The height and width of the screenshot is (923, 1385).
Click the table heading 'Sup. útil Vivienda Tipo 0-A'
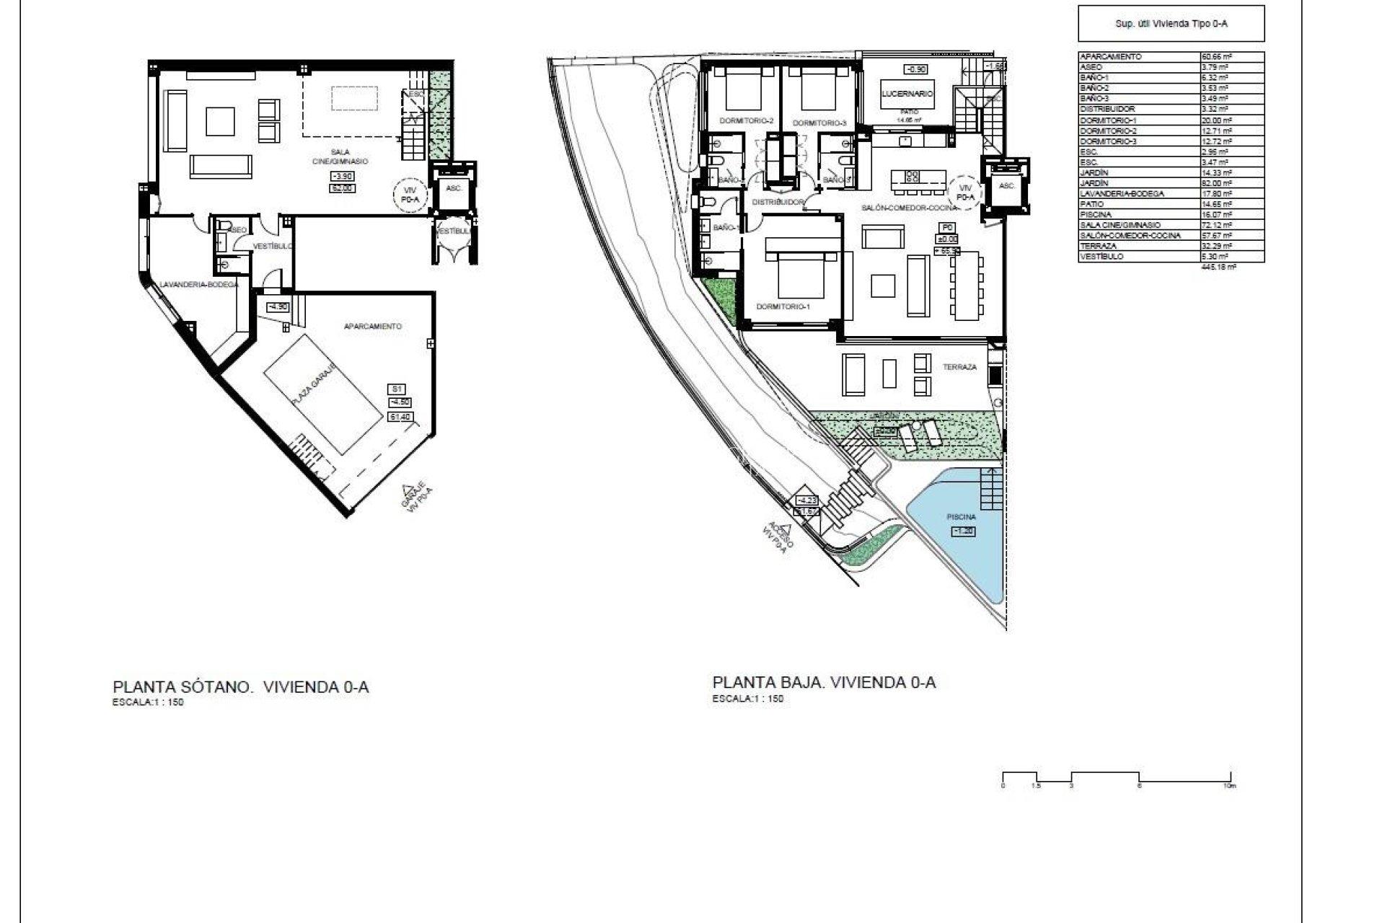point(1171,24)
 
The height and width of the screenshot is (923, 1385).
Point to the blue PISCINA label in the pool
point(962,517)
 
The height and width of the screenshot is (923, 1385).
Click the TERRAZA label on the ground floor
point(959,367)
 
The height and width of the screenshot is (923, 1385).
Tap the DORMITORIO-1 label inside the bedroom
point(783,306)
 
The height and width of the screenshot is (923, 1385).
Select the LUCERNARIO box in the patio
point(907,94)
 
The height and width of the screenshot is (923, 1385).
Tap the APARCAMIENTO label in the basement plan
point(372,327)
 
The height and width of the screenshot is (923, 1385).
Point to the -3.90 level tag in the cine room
point(342,177)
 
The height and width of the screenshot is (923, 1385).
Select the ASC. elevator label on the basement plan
point(454,187)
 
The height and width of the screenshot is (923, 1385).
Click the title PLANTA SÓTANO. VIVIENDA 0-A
point(240,686)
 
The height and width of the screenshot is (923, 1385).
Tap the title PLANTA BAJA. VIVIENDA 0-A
point(824,682)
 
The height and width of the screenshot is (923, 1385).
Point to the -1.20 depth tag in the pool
point(964,531)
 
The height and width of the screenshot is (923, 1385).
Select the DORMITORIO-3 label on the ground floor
point(819,123)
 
